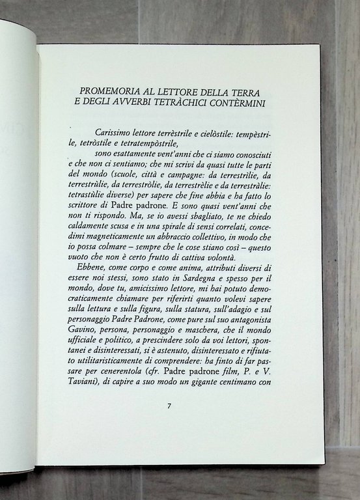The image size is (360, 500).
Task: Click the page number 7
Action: (169, 406)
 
